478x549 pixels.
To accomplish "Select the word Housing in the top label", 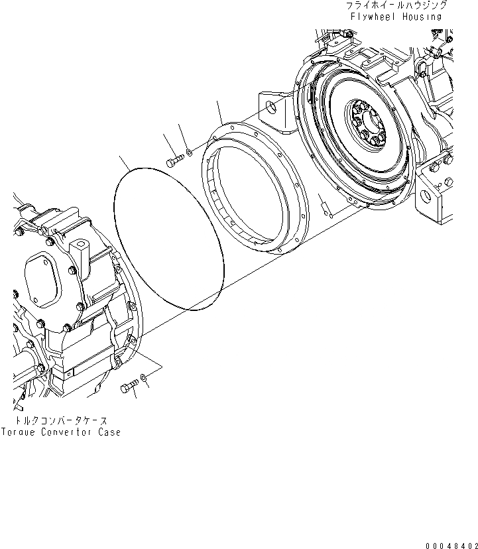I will tap(422, 16).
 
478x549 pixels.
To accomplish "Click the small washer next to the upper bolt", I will tap(189, 153).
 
